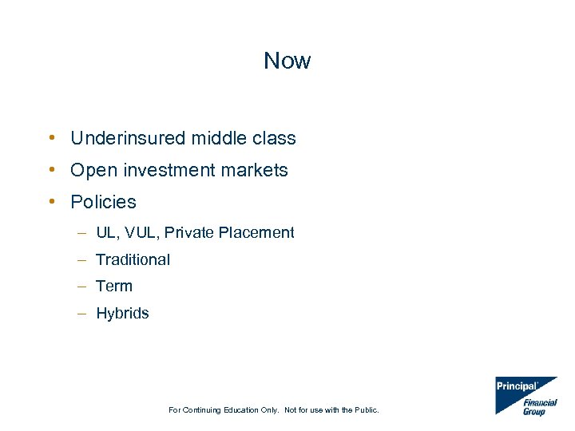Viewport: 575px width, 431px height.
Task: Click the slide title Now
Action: coord(287,61)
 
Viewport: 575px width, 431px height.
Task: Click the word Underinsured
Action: coord(129,138)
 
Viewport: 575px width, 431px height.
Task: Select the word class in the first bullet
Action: coord(274,138)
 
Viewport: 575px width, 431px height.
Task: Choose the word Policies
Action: coord(103,202)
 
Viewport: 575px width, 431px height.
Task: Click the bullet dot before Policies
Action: coord(51,201)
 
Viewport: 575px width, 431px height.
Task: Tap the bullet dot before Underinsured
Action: coord(51,137)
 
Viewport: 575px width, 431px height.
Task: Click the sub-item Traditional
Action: coord(133,259)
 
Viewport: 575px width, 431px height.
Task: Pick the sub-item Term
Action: coord(114,286)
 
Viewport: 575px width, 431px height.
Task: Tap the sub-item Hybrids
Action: coord(122,313)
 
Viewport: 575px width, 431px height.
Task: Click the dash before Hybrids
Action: coord(82,313)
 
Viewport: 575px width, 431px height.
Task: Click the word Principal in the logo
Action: coord(517,386)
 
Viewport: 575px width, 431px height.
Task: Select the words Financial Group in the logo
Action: coord(540,407)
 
